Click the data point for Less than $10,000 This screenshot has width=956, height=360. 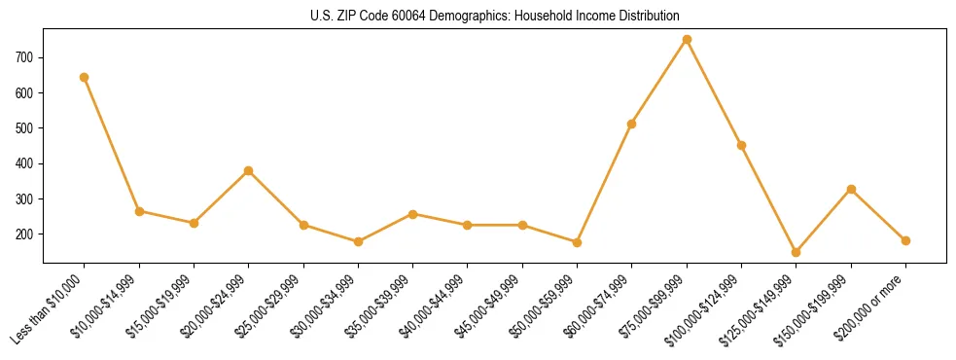tap(85, 77)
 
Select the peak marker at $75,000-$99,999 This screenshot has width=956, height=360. tap(687, 39)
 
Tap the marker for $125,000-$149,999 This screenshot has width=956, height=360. tap(797, 252)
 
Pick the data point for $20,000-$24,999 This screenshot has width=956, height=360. tap(249, 170)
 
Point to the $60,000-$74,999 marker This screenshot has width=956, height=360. tap(632, 124)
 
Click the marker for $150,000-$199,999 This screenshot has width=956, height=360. tap(851, 189)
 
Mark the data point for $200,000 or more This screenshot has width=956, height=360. tap(905, 240)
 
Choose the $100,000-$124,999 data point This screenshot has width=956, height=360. tap(741, 145)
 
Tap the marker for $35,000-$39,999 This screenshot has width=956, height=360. tap(413, 214)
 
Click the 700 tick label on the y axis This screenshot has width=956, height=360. tap(25, 57)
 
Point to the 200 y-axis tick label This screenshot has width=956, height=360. tap(25, 234)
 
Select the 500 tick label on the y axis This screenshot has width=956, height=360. tap(25, 128)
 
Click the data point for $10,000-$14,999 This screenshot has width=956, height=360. tap(139, 211)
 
